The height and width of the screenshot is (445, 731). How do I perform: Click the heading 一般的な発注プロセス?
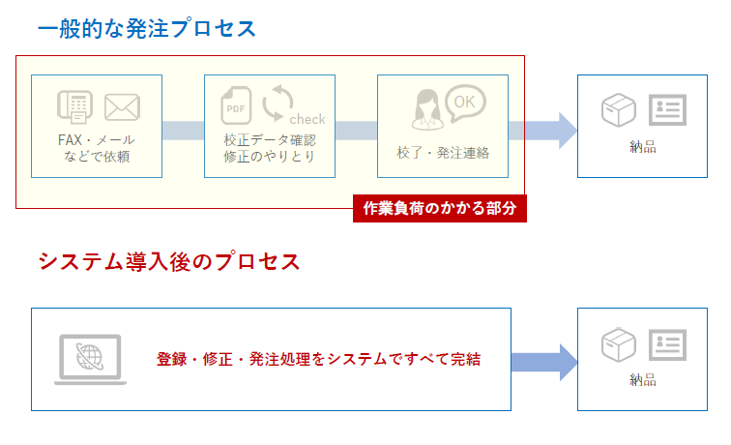coord(147,28)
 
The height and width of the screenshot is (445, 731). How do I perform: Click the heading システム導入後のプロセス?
coord(168,261)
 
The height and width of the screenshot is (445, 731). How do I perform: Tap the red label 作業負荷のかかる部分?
coord(440,208)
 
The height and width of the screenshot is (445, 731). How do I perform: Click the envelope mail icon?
coord(123,106)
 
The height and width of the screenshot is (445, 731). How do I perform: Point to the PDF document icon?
coord(236,107)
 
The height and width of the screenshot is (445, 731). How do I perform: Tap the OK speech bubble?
coord(465,101)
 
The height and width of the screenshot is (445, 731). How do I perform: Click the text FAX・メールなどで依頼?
coord(96,147)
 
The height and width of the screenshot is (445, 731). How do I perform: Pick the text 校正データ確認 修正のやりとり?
coord(269,147)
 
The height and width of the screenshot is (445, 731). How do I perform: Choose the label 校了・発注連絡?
coord(443,153)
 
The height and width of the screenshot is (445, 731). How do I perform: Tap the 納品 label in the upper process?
coord(642,147)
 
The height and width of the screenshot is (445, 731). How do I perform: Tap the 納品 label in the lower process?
coord(642,380)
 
